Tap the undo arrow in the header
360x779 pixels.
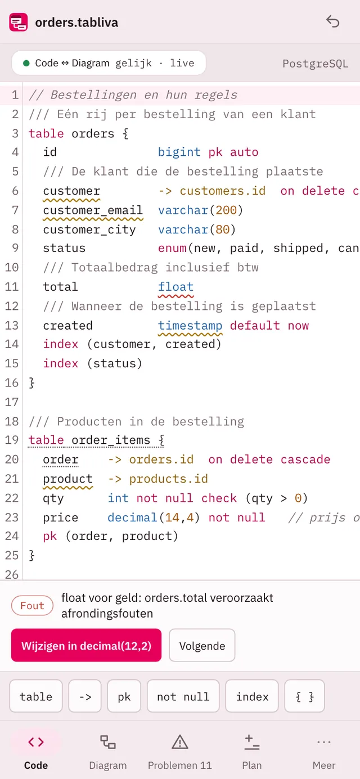point(333,21)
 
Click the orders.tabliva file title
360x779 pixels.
point(76,22)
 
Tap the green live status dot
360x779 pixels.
point(26,64)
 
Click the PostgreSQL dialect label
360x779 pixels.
point(315,64)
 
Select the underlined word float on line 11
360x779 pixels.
point(175,287)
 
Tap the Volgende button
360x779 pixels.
point(202,646)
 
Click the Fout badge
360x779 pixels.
point(33,605)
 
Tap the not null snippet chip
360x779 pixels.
point(183,696)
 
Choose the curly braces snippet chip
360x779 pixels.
point(304,696)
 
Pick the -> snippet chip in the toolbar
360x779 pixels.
point(85,696)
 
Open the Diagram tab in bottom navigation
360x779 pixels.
point(108,751)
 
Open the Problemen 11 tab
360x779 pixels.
point(180,751)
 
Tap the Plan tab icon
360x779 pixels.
point(252,742)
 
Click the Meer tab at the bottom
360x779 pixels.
point(324,751)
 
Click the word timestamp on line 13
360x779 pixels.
point(190,326)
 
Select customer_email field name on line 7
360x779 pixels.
point(93,210)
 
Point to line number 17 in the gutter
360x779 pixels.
point(11,402)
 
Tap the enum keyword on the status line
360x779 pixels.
point(172,248)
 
